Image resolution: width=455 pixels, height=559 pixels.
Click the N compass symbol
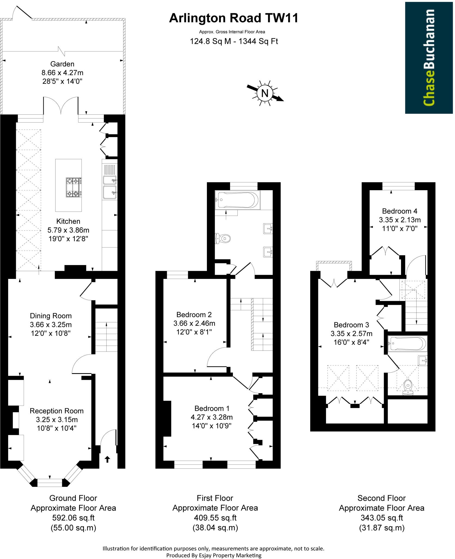[264, 93]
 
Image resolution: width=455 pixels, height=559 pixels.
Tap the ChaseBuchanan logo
[429, 58]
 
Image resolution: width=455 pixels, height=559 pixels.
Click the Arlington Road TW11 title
[234, 18]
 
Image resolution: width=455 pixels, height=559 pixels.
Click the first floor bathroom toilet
[223, 238]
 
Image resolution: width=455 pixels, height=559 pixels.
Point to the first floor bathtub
[237, 200]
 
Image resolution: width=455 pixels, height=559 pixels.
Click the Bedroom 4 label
[399, 211]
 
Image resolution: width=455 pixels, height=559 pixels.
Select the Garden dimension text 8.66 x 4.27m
[62, 73]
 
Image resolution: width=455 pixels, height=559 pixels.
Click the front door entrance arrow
[107, 459]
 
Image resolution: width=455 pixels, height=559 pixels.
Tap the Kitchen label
[68, 221]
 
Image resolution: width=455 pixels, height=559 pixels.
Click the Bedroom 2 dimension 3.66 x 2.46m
[194, 323]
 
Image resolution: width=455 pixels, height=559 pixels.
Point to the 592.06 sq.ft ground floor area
[73, 518]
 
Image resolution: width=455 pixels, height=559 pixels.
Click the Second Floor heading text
[381, 498]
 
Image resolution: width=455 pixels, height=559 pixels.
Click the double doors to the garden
[61, 106]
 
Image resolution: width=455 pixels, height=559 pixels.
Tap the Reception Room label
[56, 411]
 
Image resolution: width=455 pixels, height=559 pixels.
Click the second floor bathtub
[407, 344]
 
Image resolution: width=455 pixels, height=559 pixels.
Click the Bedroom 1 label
[212, 408]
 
